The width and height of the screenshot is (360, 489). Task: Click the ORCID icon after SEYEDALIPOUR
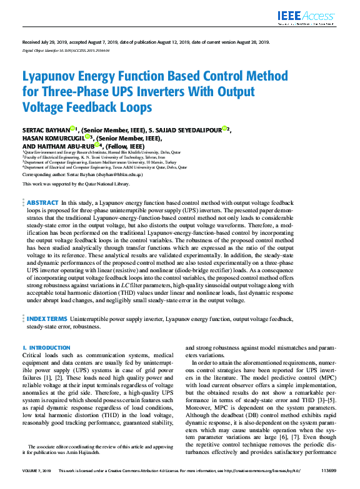coord(224,129)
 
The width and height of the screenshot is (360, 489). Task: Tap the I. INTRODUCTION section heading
coord(42,347)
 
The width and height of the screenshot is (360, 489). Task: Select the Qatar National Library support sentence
coord(76,184)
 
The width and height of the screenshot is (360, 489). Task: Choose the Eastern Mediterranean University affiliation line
coord(104,162)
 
